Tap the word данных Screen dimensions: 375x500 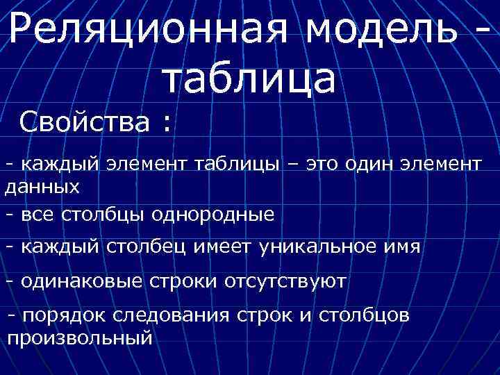[42, 187]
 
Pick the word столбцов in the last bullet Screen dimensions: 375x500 [365, 315]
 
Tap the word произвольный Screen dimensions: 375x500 [79, 338]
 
